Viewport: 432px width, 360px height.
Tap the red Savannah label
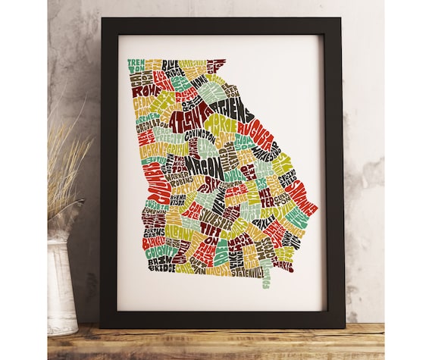click(x=301, y=199)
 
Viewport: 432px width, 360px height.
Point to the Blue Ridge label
click(x=171, y=66)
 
